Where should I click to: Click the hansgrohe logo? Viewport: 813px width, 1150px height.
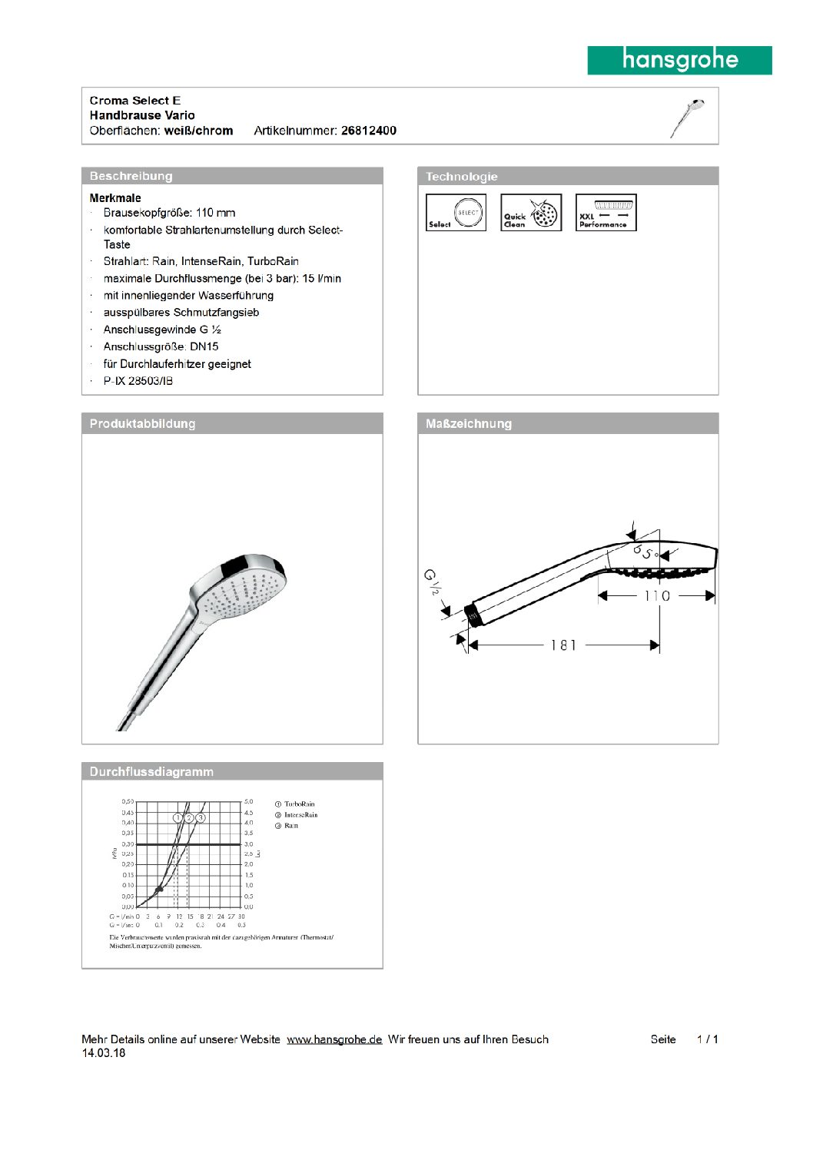coord(679,60)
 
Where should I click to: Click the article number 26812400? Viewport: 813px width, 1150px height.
coord(369,131)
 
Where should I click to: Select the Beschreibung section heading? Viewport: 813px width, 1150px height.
coord(131,176)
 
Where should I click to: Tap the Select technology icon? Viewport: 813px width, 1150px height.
coord(456,213)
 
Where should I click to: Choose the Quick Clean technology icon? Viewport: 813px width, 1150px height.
coord(531,213)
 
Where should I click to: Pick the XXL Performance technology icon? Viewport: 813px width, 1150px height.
coord(606,213)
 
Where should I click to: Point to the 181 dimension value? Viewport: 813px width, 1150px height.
coord(563,645)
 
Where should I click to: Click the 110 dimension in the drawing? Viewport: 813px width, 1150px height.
coord(657,595)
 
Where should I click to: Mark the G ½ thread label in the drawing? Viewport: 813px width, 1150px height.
coord(432,582)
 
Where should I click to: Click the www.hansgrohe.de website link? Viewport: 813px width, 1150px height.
coord(334,1039)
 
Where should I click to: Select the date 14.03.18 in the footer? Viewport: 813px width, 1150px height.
coord(104,1053)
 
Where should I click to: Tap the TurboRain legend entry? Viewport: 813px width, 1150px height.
coord(299,804)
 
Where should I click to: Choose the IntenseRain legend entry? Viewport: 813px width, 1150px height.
coord(300,815)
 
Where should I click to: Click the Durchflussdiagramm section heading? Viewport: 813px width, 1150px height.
coord(151,771)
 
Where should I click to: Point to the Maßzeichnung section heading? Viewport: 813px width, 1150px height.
coord(469,423)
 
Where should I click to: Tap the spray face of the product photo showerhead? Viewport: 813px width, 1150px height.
coord(246,592)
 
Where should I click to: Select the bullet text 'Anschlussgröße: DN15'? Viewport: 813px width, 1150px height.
coord(161,346)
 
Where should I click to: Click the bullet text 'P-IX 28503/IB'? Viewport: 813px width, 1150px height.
coord(138,381)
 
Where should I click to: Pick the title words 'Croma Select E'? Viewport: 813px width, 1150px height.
coord(135,101)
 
